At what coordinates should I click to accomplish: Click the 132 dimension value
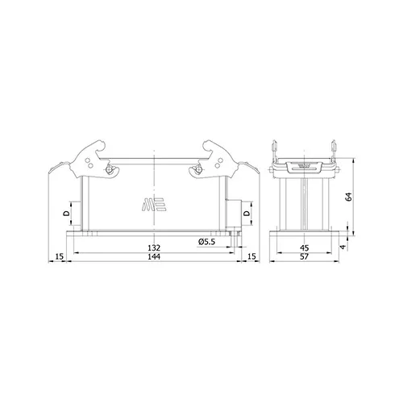[154, 247]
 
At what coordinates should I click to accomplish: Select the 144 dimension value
[154, 257]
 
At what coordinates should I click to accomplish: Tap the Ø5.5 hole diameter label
[207, 242]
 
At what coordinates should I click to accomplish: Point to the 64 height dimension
[349, 197]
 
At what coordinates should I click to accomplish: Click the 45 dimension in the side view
[305, 247]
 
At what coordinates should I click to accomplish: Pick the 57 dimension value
[305, 257]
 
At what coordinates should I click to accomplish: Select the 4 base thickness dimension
[343, 247]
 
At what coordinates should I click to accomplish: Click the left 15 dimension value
[60, 256]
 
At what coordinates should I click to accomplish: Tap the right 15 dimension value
[251, 256]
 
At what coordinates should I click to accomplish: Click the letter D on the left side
[66, 214]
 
